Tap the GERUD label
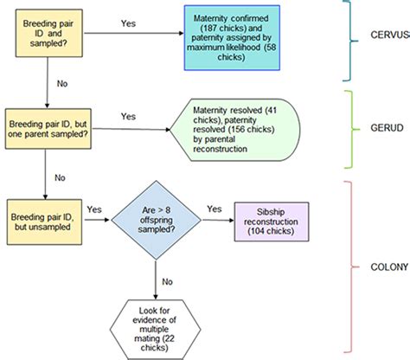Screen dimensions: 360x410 (x=385, y=129)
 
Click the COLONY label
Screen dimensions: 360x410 (x=386, y=267)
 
